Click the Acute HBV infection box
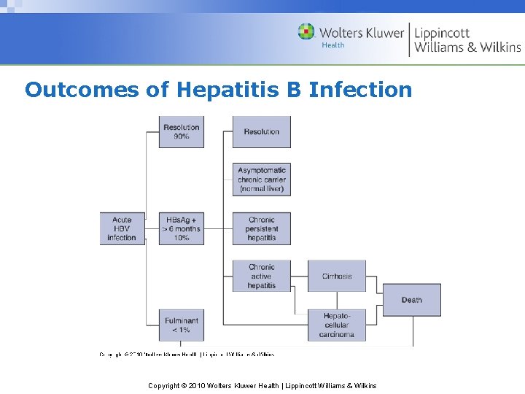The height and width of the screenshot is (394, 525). pos(122,228)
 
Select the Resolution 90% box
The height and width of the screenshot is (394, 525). pos(182,132)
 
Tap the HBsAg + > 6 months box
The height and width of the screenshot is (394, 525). pos(182,228)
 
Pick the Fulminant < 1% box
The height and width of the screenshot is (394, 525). pos(182,325)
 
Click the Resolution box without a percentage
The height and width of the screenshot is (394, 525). pos(261,132)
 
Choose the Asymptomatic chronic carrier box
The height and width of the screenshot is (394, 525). pos(261,179)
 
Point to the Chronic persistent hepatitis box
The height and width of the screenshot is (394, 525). pos(261,228)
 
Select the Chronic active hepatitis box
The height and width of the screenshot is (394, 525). pos(261,277)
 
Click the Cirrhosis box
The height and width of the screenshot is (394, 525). pos(337,277)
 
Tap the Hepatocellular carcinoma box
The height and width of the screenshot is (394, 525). pos(337,325)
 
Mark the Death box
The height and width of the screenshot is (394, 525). pos(412,300)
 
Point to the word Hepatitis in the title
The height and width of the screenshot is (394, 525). pos(217,90)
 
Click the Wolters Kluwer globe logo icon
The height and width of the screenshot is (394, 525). pos(306,32)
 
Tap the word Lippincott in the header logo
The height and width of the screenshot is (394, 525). pos(443,33)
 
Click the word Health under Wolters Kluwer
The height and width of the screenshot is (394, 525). pos(333,45)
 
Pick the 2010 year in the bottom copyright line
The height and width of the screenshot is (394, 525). pos(198,385)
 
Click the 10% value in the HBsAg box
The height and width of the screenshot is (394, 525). pos(182,238)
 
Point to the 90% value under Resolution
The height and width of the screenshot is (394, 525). pos(182,136)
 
